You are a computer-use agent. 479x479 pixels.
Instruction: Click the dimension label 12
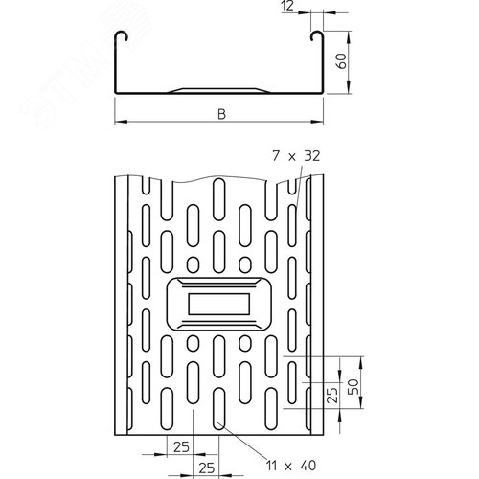click(x=287, y=6)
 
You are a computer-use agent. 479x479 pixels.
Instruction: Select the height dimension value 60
click(x=341, y=60)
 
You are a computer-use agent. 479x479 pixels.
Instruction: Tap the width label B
click(x=221, y=114)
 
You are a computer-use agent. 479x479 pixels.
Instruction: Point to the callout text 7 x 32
click(x=296, y=156)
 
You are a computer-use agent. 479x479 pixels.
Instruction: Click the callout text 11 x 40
click(x=291, y=466)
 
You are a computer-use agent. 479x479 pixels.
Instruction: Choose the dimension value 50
click(x=353, y=387)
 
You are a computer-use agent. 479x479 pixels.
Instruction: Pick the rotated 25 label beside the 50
click(x=332, y=395)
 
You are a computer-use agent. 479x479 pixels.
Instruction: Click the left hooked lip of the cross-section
click(x=122, y=36)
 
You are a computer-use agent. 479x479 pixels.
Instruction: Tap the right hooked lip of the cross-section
click(x=317, y=36)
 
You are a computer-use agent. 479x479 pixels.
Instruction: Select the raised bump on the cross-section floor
click(x=219, y=90)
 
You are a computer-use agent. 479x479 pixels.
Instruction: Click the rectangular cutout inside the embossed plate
click(x=219, y=304)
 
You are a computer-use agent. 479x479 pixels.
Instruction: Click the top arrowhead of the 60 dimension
click(x=349, y=37)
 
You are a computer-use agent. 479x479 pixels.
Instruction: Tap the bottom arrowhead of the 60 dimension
click(x=349, y=87)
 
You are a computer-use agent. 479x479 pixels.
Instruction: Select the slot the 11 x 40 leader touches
click(x=219, y=408)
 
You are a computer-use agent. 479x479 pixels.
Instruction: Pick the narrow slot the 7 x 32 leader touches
click(x=292, y=226)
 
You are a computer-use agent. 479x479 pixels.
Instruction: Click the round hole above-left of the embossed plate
click(x=193, y=264)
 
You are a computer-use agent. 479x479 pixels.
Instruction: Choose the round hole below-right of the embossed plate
click(x=245, y=343)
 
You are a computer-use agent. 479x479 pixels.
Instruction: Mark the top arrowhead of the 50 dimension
click(x=361, y=363)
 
